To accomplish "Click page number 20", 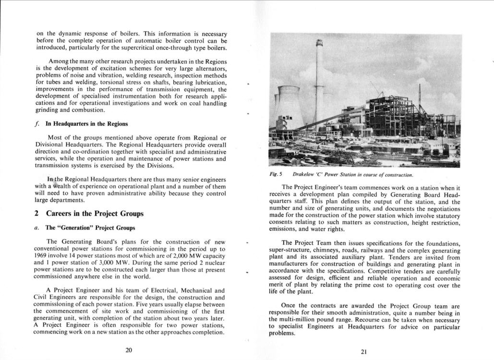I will pyautogui.click(x=129, y=350).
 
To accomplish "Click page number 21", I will pyautogui.click(x=363, y=351).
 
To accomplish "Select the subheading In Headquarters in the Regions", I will pyautogui.click(x=86, y=124).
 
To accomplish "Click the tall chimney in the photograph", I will pyautogui.click(x=317, y=82).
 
